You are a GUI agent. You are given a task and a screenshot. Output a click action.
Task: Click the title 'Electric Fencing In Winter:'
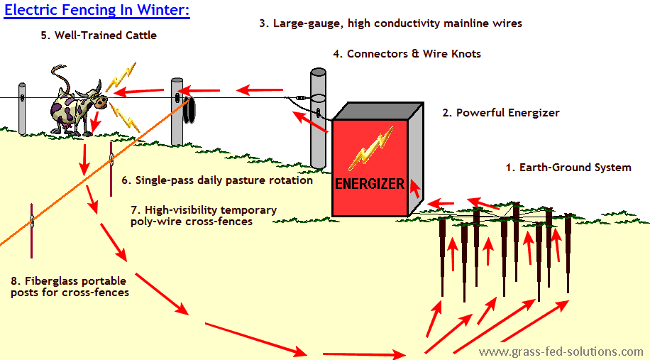(x=97, y=12)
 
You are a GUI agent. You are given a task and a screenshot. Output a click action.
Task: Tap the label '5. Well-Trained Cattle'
(x=99, y=35)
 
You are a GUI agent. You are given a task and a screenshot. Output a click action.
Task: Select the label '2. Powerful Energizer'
(x=500, y=113)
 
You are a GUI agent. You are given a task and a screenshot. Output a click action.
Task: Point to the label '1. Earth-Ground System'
(x=568, y=168)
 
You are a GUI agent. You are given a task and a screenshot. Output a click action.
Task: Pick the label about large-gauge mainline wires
(x=390, y=23)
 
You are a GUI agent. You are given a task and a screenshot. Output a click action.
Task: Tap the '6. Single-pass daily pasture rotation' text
(x=216, y=180)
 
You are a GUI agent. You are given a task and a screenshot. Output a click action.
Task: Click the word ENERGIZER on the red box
(x=369, y=185)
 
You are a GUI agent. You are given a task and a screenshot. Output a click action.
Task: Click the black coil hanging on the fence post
(x=191, y=110)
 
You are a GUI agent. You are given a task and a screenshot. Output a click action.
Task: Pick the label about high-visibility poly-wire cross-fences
(x=204, y=215)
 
